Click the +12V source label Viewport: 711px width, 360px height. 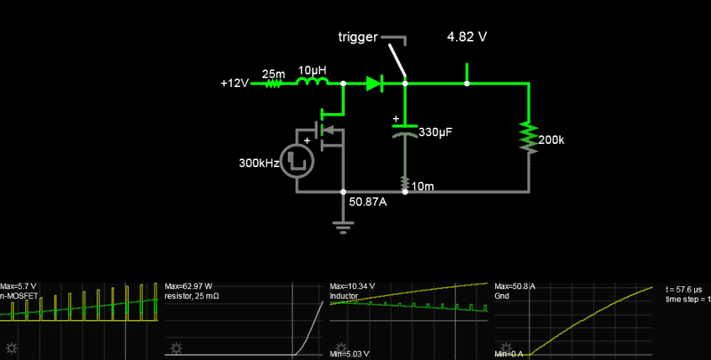click(x=236, y=84)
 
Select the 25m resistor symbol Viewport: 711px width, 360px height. click(x=273, y=84)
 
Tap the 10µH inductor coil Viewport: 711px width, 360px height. click(x=311, y=84)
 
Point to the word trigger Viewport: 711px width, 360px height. click(x=357, y=38)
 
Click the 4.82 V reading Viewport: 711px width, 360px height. click(x=467, y=38)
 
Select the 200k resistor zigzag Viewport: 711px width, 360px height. click(x=529, y=137)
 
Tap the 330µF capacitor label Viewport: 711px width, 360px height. click(x=436, y=132)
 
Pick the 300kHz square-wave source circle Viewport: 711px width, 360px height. click(x=302, y=158)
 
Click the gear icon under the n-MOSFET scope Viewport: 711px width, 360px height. click(x=11, y=347)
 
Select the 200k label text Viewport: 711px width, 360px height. click(x=551, y=140)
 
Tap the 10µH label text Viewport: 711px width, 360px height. click(x=311, y=69)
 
